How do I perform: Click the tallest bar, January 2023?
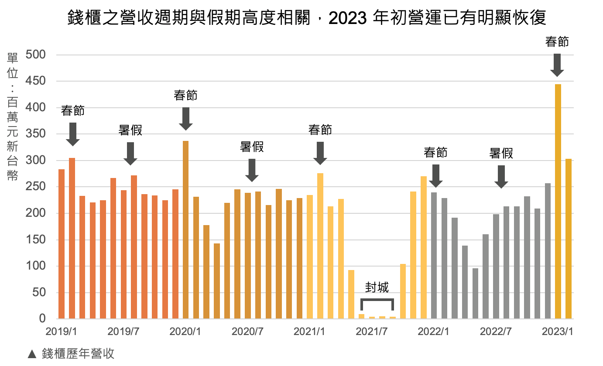click(x=558, y=201)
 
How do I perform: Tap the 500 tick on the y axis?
click(x=36, y=55)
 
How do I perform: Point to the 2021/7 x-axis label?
click(x=372, y=332)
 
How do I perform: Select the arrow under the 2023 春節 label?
click(x=557, y=65)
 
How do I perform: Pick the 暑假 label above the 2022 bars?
click(x=501, y=153)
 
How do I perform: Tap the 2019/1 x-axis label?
click(x=62, y=332)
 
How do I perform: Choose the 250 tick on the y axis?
click(x=36, y=187)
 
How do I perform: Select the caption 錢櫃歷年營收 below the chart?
click(x=78, y=353)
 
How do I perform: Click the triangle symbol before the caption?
click(x=32, y=354)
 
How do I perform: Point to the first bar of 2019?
click(x=62, y=243)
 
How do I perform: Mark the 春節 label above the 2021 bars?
click(x=320, y=130)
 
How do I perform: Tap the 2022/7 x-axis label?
click(x=496, y=332)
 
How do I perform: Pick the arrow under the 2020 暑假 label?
click(x=252, y=170)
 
